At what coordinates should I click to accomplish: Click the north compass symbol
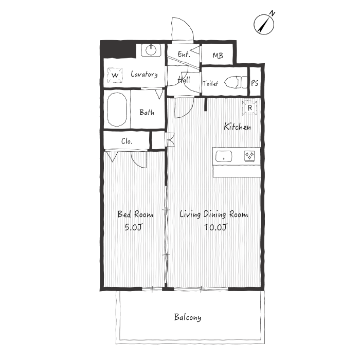click(x=264, y=24)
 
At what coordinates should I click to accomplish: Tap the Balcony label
click(x=188, y=317)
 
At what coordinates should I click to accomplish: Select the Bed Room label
click(x=135, y=214)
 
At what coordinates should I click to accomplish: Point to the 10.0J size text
click(x=216, y=227)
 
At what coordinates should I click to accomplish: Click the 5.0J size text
click(x=134, y=227)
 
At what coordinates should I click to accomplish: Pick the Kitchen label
click(x=238, y=127)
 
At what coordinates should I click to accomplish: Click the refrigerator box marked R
click(x=249, y=107)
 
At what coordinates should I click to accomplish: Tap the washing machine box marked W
click(x=115, y=75)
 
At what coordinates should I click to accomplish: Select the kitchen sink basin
click(x=224, y=156)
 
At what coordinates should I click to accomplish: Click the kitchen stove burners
click(x=249, y=156)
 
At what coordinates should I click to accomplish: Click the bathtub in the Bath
click(x=117, y=110)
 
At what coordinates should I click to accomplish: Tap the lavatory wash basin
click(x=151, y=50)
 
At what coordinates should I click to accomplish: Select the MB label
click(x=218, y=56)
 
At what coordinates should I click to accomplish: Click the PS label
click(x=255, y=83)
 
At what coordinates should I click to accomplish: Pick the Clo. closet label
click(x=127, y=141)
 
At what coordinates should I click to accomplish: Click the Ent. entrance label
click(x=184, y=54)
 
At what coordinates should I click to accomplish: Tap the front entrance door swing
click(x=183, y=29)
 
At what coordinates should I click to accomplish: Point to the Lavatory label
click(x=144, y=74)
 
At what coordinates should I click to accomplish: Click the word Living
click(x=190, y=214)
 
